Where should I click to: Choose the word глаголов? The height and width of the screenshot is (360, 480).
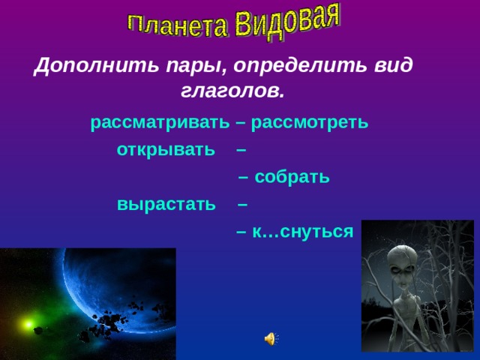click(232, 91)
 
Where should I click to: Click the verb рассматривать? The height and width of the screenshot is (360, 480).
click(155, 122)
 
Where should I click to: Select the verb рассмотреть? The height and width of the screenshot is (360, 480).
click(310, 122)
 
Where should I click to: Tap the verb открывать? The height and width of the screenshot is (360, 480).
click(166, 149)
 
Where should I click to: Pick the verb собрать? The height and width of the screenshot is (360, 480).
click(292, 177)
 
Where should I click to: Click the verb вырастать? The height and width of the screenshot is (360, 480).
click(166, 204)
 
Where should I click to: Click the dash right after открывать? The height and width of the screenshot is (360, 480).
click(241, 149)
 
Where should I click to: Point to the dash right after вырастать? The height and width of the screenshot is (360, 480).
click(242, 204)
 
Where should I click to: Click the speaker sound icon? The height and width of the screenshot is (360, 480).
click(270, 339)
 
